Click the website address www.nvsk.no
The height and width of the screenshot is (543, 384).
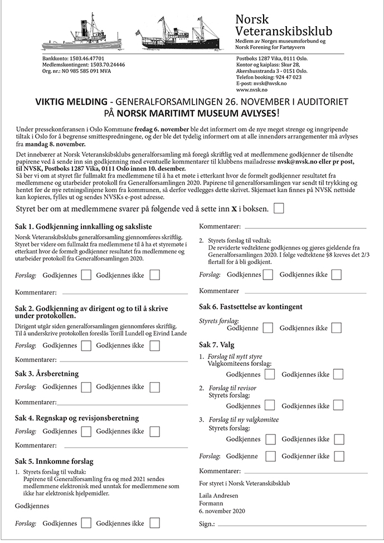pyautogui.click(x=251, y=90)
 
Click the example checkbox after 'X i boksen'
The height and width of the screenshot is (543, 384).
pyautogui.click(x=279, y=208)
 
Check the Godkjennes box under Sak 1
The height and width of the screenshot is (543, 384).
pyautogui.click(x=86, y=275)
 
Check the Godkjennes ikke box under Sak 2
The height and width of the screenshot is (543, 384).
pyautogui.click(x=154, y=345)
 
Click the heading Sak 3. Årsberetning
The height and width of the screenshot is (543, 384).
pyautogui.click(x=47, y=373)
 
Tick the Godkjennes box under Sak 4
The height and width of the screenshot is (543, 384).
pyautogui.click(x=86, y=431)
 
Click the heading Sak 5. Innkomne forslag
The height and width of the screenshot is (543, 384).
pyautogui.click(x=54, y=462)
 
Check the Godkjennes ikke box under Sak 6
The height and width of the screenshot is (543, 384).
pyautogui.click(x=337, y=328)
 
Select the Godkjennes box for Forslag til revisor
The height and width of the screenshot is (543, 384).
pyautogui.click(x=270, y=406)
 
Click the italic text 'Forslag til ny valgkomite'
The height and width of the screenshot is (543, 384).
pyautogui.click(x=244, y=419)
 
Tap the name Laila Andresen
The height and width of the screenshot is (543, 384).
pyautogui.click(x=218, y=496)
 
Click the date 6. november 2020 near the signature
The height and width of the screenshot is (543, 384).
pyautogui.click(x=222, y=511)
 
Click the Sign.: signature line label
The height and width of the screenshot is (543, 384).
pyautogui.click(x=207, y=525)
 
